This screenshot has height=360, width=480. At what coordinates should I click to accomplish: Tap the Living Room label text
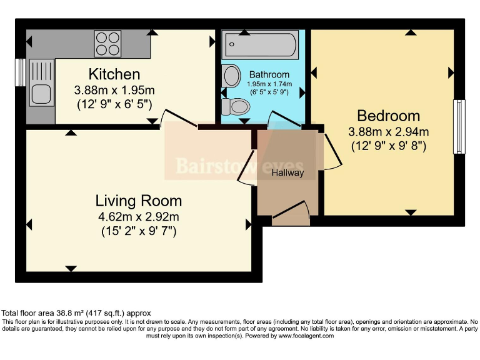pyautogui.click(x=139, y=201)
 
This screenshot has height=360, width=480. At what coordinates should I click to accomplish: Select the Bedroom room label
pyautogui.click(x=388, y=116)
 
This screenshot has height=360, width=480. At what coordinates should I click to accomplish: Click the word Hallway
pyautogui.click(x=287, y=172)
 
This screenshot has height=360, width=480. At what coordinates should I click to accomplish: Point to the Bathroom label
pyautogui.click(x=269, y=75)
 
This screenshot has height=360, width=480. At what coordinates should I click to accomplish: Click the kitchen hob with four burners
pyautogui.click(x=107, y=43)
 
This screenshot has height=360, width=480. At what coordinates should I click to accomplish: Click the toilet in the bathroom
pyautogui.click(x=236, y=106)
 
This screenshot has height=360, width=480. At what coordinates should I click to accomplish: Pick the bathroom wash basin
pyautogui.click(x=231, y=76)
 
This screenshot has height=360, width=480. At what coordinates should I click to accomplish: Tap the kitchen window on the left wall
pyautogui.click(x=21, y=72)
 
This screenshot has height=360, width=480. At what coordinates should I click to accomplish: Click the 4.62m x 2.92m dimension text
pyautogui.click(x=138, y=217)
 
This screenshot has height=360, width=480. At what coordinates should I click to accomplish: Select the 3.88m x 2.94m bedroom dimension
pyautogui.click(x=388, y=131)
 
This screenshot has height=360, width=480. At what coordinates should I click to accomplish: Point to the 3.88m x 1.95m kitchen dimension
pyautogui.click(x=114, y=89)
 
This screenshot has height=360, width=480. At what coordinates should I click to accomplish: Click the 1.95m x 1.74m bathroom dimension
pyautogui.click(x=269, y=84)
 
